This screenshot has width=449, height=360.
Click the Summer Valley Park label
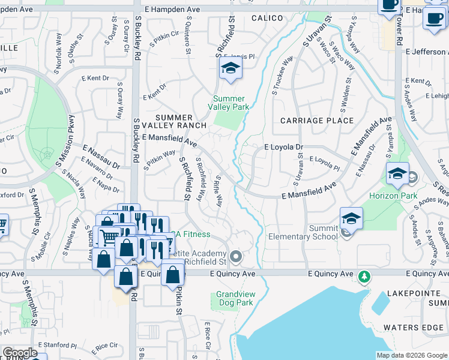(x=229, y=103)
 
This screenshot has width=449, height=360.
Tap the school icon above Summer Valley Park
(x=229, y=69)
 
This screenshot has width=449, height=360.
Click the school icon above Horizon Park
(x=397, y=174)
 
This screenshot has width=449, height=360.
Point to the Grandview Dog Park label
(x=235, y=299)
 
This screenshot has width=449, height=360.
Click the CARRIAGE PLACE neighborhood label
(x=317, y=121)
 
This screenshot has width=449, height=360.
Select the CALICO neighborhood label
(x=267, y=18)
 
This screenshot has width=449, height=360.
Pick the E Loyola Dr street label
(x=284, y=146)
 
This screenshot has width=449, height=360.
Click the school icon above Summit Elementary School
(x=351, y=218)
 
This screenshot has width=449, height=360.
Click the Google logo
(x=20, y=353)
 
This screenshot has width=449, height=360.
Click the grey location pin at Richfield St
(x=236, y=257)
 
